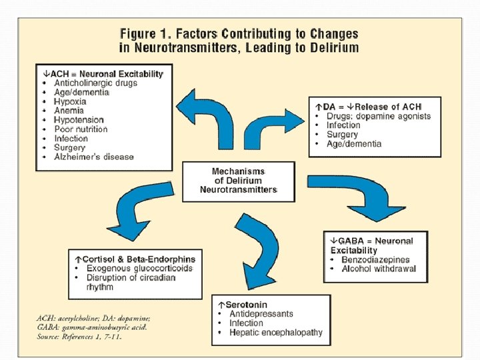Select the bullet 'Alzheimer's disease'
coord(94,157)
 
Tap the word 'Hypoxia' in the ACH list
coord(70,102)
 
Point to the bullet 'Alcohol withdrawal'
coord(379,269)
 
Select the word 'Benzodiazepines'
coord(375,259)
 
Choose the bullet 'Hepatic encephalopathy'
coord(275,332)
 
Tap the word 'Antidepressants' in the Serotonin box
coord(261,313)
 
